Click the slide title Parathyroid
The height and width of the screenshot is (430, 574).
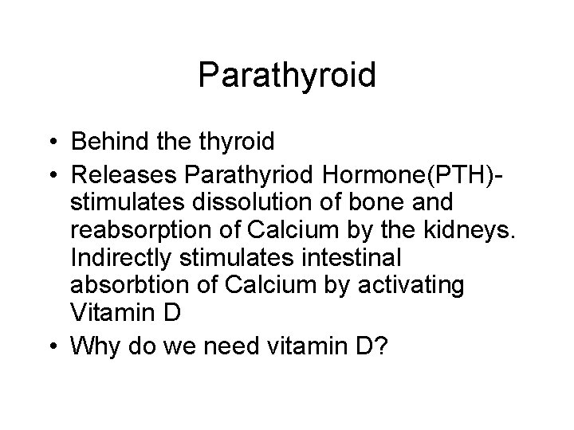[x=287, y=76]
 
